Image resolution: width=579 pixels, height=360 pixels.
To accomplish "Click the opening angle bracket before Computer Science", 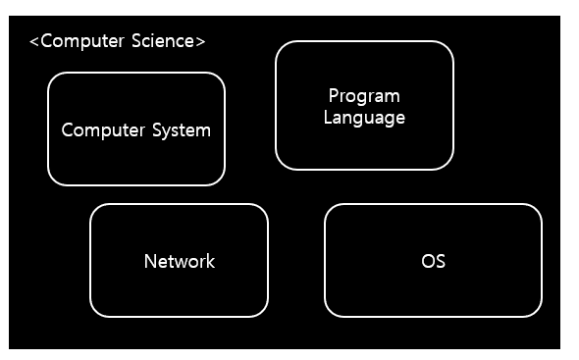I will click(x=34, y=41).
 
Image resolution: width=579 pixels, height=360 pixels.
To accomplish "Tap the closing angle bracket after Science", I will click(x=201, y=41).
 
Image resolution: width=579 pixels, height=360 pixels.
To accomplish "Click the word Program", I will click(x=364, y=96).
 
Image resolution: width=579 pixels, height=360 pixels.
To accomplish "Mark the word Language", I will click(x=364, y=118).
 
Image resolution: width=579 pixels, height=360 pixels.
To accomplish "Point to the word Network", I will click(x=179, y=261).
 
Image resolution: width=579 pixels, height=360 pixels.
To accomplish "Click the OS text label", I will click(x=433, y=261).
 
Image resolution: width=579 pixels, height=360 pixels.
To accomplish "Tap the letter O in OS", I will click(x=427, y=261).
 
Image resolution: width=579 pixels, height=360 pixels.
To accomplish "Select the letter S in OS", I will click(x=440, y=261).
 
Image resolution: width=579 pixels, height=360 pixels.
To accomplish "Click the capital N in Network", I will click(x=150, y=261).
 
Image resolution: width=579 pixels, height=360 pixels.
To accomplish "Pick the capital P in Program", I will click(x=334, y=96).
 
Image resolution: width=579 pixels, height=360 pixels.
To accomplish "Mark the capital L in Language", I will click(x=329, y=118).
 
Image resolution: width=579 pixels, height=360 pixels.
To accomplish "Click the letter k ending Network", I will click(x=210, y=261).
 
